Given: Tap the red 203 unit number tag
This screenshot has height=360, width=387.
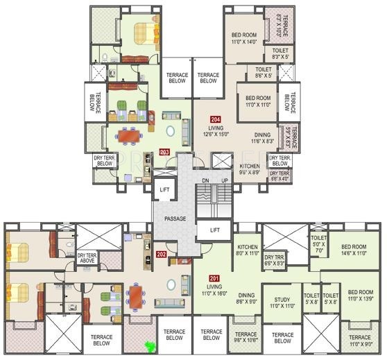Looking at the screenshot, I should click(164, 152).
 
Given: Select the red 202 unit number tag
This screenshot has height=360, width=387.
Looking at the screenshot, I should click(161, 254).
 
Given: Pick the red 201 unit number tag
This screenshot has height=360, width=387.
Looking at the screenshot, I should click(212, 278).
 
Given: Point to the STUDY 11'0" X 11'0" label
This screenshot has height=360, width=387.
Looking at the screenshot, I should click(282, 303).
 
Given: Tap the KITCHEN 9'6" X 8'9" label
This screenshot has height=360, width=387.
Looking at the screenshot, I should click(250, 169).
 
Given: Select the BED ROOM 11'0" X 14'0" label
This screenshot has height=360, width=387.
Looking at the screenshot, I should click(246, 39).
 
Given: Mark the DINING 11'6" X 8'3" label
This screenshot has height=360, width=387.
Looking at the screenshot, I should click(263, 138).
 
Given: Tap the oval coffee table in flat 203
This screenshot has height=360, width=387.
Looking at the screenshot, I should click(170, 130).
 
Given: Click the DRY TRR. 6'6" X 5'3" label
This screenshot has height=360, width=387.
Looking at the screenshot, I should click(276, 260).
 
